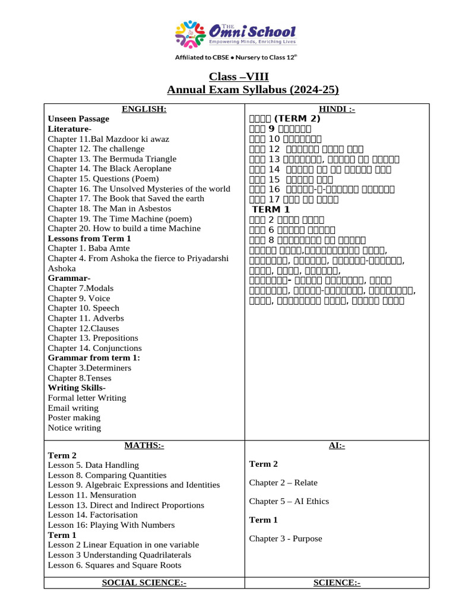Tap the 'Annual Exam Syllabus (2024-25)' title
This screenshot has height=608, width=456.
pos(253,90)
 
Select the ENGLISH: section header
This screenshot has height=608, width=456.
pos(144,109)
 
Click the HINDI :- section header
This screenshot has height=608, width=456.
pos(337,109)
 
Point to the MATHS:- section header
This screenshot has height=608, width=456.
pos(144,445)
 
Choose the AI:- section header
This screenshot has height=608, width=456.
pos(337,445)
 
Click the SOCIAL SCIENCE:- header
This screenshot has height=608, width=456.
pos(144,583)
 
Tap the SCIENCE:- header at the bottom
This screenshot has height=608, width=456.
pos(337,583)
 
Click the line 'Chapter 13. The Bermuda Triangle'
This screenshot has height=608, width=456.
pos(112,159)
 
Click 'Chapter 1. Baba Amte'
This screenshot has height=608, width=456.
pos(88,248)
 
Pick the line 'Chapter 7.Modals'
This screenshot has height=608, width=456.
pos(81,288)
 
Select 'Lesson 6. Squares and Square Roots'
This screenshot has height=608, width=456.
pos(114,565)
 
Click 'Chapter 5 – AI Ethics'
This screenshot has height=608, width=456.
pos(289,501)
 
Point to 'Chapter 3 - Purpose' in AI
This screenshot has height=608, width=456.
pos(286,539)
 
